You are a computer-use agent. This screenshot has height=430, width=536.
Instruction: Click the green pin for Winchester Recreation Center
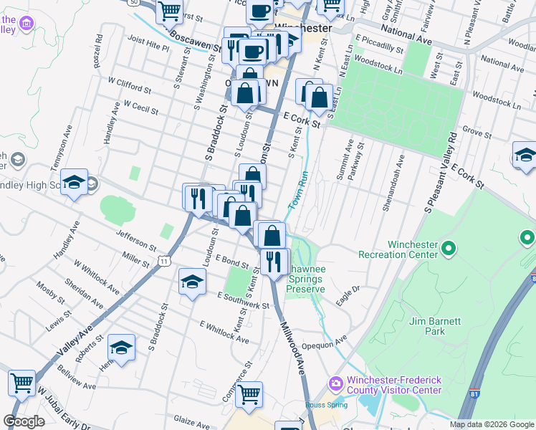coord(449,249)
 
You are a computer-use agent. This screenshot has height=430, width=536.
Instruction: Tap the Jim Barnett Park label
coord(437,326)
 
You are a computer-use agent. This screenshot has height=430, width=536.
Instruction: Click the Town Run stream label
coord(297,193)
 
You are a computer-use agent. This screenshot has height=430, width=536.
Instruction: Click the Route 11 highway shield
coord(165,262)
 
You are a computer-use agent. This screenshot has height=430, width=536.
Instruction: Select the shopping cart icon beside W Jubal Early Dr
coord(22,383)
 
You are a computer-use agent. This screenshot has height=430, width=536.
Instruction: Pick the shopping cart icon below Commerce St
coord(249,393)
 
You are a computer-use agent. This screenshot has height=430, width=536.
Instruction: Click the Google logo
coord(24,421)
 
